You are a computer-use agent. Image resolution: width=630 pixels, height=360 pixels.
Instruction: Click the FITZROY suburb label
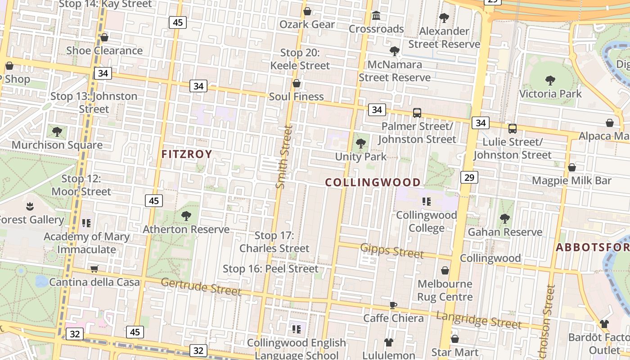click(x=187, y=154)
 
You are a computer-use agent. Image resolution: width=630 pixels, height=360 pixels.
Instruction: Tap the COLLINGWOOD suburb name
click(x=373, y=182)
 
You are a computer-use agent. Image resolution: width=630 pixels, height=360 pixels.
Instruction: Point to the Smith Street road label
click(x=284, y=157)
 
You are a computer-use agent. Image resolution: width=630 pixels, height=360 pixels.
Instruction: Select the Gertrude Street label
click(x=201, y=287)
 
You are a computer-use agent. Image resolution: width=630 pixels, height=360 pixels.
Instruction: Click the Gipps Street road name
click(x=392, y=250)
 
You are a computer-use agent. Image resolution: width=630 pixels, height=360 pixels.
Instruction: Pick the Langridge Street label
click(x=479, y=319)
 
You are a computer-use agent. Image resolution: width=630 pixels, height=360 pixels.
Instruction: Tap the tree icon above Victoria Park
click(x=550, y=81)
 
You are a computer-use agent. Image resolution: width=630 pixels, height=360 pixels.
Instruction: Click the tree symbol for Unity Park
click(x=360, y=144)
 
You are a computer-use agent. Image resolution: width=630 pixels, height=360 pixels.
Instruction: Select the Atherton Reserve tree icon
click(x=186, y=216)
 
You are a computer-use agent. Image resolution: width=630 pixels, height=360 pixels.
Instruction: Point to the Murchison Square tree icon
click(x=57, y=131)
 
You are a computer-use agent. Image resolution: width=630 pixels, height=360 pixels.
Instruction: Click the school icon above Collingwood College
click(x=426, y=201)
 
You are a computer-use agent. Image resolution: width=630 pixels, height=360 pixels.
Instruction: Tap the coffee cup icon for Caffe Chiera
click(x=393, y=305)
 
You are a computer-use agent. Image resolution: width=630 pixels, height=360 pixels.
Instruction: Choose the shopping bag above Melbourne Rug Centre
click(x=445, y=270)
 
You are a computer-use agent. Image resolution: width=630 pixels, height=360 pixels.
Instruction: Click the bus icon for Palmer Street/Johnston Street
click(x=417, y=113)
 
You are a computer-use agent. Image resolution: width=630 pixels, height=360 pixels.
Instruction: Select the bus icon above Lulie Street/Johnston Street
click(x=513, y=129)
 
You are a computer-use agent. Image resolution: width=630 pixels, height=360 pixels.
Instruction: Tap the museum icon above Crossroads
click(x=376, y=16)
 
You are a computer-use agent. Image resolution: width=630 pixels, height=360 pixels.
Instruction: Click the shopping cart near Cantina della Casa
click(x=94, y=269)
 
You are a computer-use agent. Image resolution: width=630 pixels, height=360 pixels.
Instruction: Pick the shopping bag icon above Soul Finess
click(x=297, y=83)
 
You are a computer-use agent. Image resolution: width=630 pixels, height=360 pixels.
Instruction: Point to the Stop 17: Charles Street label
click(x=274, y=242)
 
